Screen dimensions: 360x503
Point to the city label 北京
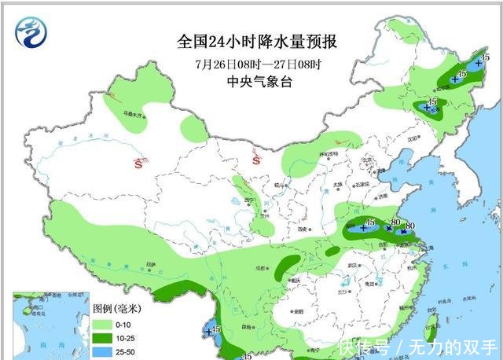pos(365,162)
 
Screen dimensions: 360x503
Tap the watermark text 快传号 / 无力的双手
pos(417,347)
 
